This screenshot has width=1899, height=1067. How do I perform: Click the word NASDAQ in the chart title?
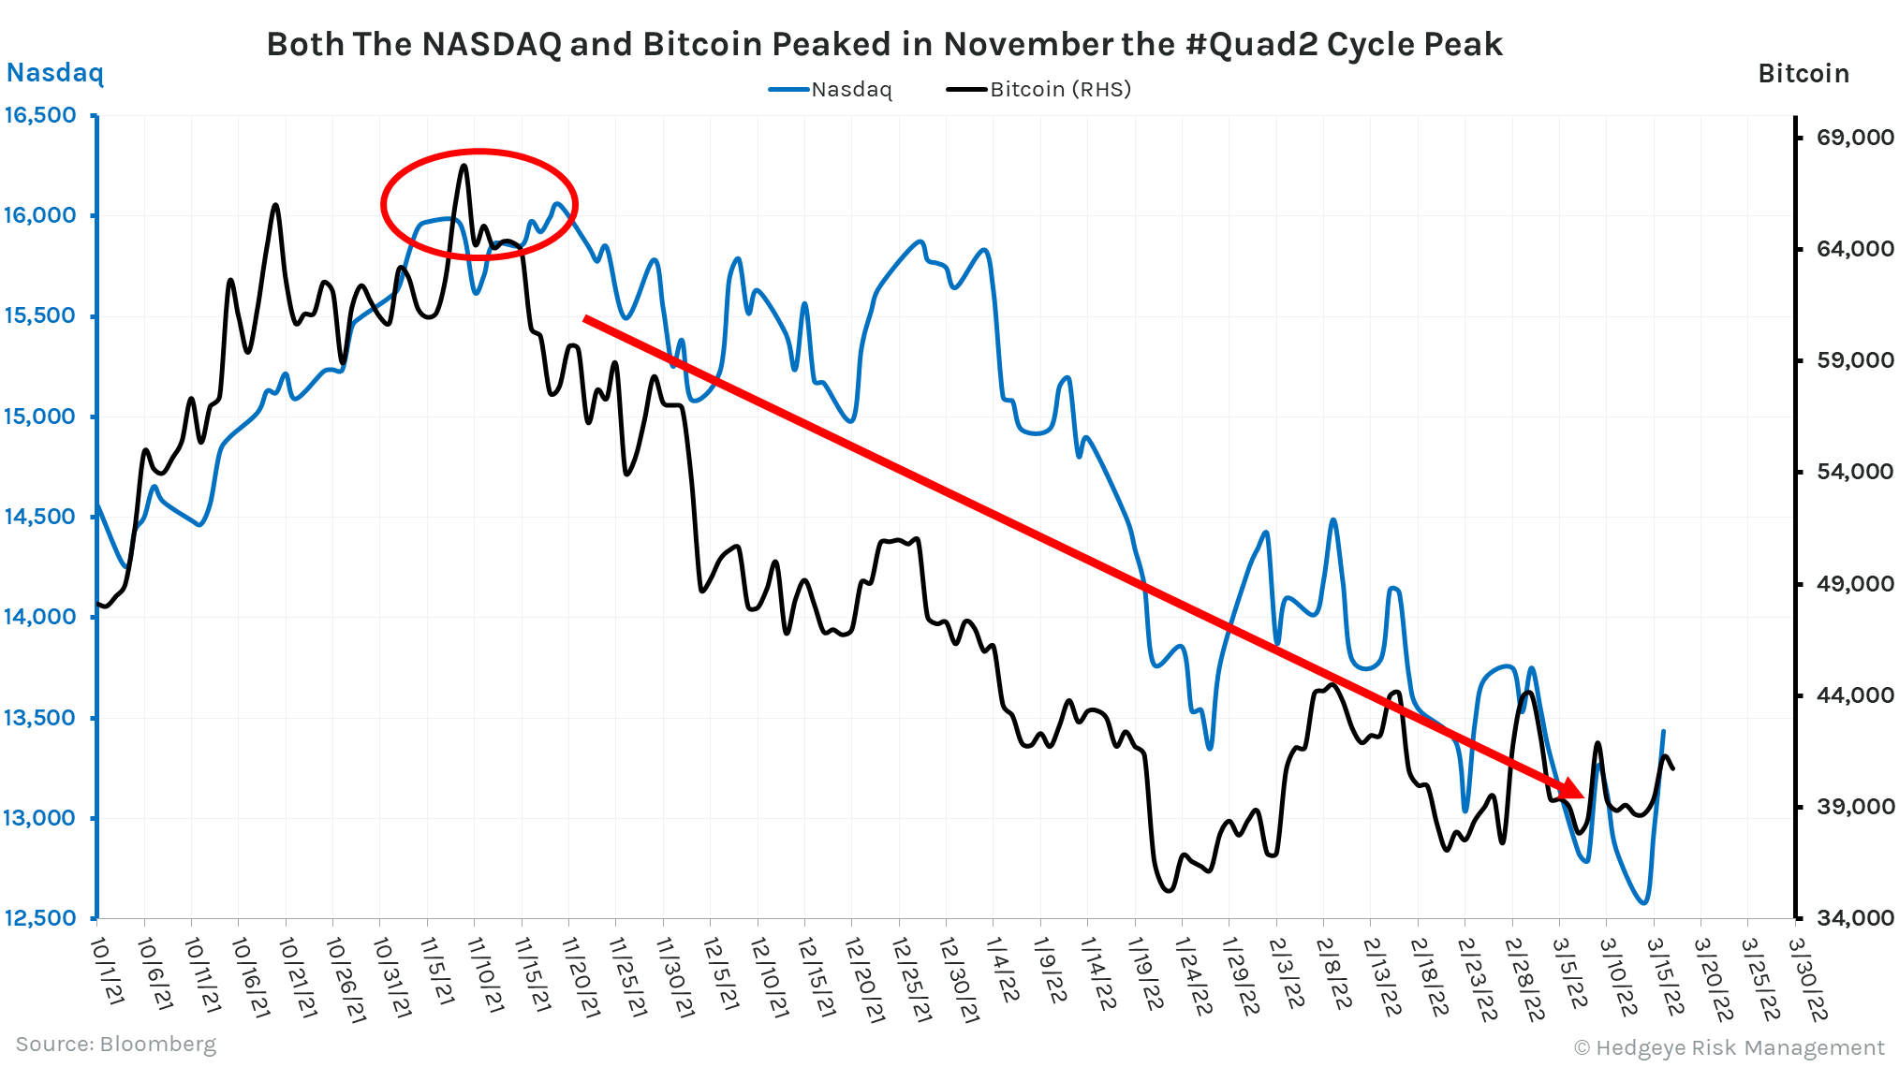click(491, 44)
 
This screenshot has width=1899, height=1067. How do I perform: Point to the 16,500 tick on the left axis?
click(40, 115)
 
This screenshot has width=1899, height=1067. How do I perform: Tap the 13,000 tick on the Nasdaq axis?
click(40, 818)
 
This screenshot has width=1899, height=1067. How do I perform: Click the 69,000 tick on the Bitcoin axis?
click(1855, 138)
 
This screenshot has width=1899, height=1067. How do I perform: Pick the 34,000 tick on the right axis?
click(1855, 918)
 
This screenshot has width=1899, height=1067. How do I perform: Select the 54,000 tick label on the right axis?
click(1855, 472)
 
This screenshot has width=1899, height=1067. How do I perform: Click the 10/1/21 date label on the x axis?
click(107, 972)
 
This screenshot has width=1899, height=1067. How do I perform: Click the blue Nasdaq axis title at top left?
click(55, 73)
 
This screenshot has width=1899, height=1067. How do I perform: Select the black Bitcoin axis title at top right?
click(1803, 74)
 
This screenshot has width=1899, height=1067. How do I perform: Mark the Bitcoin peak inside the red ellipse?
click(464, 167)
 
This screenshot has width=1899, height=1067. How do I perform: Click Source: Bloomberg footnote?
click(115, 1045)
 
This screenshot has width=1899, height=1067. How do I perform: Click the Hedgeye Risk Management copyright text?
click(1729, 1047)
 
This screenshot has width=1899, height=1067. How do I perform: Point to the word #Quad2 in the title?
click(1251, 44)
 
